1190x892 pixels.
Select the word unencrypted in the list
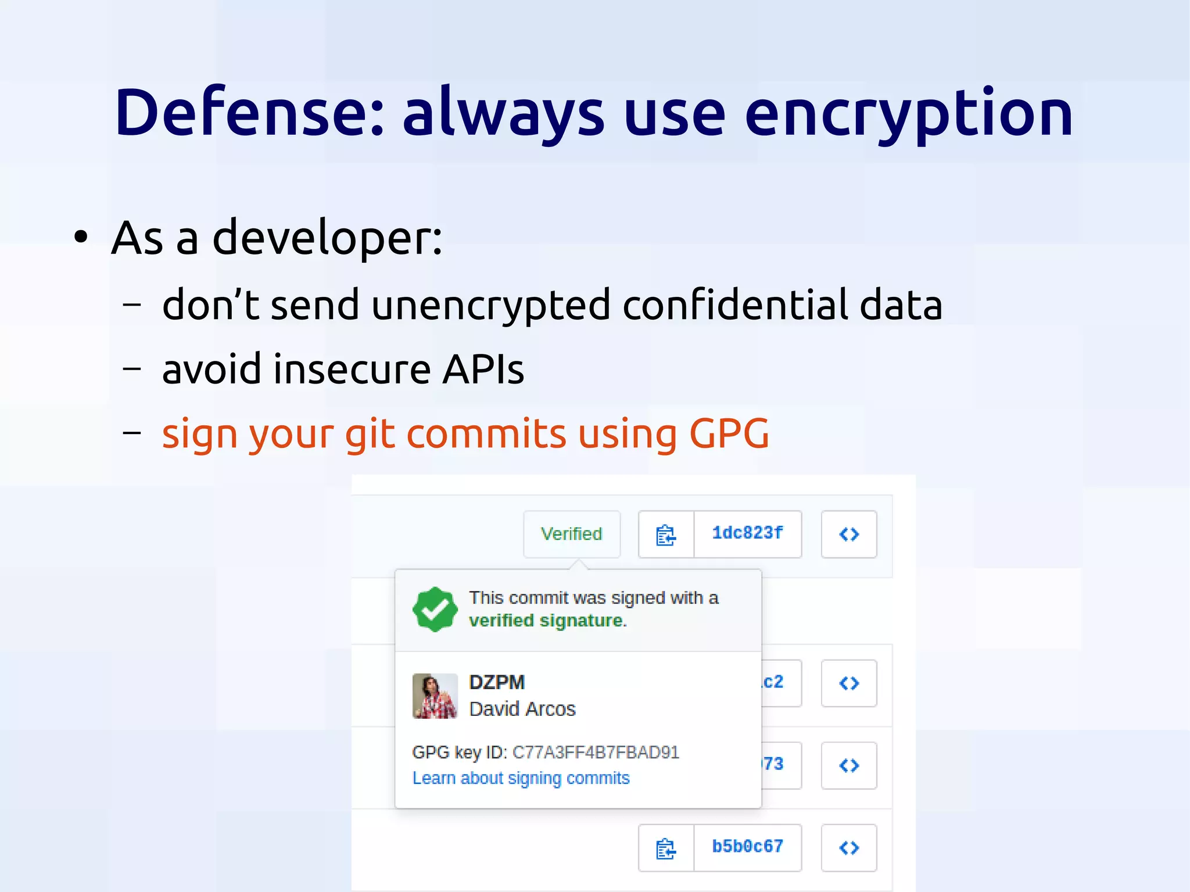pyautogui.click(x=490, y=306)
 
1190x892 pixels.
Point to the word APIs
pyautogui.click(x=482, y=369)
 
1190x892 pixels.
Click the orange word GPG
pyautogui.click(x=729, y=434)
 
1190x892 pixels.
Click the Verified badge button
pyautogui.click(x=571, y=534)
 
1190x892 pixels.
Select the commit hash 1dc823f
pyautogui.click(x=747, y=533)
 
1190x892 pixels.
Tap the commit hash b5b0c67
pyautogui.click(x=747, y=847)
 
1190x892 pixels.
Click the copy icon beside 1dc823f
pyautogui.click(x=666, y=535)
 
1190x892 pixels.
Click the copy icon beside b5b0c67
pyautogui.click(x=666, y=848)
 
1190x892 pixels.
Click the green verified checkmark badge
pyautogui.click(x=434, y=609)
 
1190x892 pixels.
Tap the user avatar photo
pyautogui.click(x=435, y=696)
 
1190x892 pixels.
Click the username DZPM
pyautogui.click(x=497, y=682)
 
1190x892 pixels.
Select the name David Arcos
pyautogui.click(x=522, y=709)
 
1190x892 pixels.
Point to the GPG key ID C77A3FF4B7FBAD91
pyautogui.click(x=596, y=753)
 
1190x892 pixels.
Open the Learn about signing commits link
pyautogui.click(x=521, y=778)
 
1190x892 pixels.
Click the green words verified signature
pyautogui.click(x=546, y=621)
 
